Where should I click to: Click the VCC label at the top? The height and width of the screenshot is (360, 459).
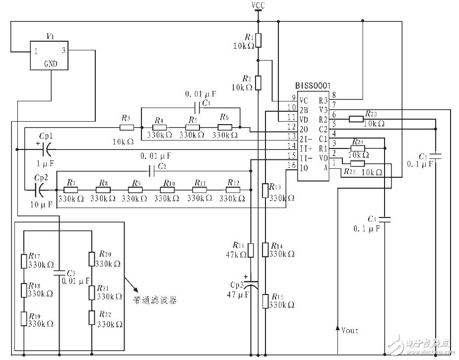coord(258,5)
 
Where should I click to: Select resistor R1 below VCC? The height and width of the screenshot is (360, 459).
coord(258,40)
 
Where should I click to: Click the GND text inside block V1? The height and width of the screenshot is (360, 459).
coord(50,64)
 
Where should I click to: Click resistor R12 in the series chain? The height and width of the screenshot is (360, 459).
coord(233,189)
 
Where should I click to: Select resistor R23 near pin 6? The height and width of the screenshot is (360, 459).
coord(356,119)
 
